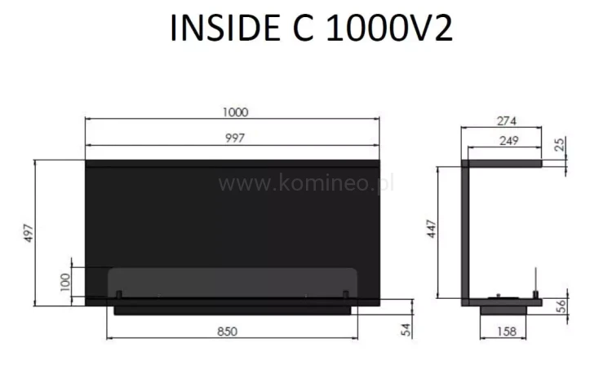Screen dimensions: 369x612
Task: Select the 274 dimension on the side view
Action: [505, 121]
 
